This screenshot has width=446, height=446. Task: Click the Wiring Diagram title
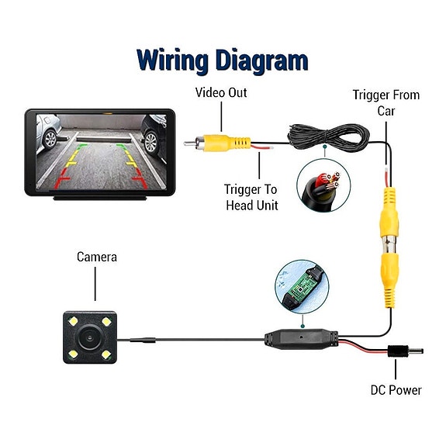coord(223,61)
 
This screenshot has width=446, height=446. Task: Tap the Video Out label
coord(221,93)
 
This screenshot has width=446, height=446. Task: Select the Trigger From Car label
coord(386,102)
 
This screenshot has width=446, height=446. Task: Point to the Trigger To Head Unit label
coord(251,197)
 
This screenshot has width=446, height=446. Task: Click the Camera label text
coord(97,258)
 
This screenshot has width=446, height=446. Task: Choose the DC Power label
coord(396,390)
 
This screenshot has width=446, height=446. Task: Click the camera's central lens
coord(90,337)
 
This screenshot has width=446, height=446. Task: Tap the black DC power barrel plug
coord(405,351)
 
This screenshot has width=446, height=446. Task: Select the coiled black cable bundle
coord(329,137)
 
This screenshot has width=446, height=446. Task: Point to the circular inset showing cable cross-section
coord(323,185)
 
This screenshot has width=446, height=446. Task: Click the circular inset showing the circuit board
coord(302,286)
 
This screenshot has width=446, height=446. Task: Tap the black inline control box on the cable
coord(302,339)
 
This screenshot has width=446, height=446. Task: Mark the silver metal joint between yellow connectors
coord(389,244)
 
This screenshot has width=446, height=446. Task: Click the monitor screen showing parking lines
coord(102,152)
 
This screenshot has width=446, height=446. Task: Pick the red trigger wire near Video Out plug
coord(261,147)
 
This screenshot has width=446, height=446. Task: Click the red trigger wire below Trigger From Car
coord(386,177)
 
